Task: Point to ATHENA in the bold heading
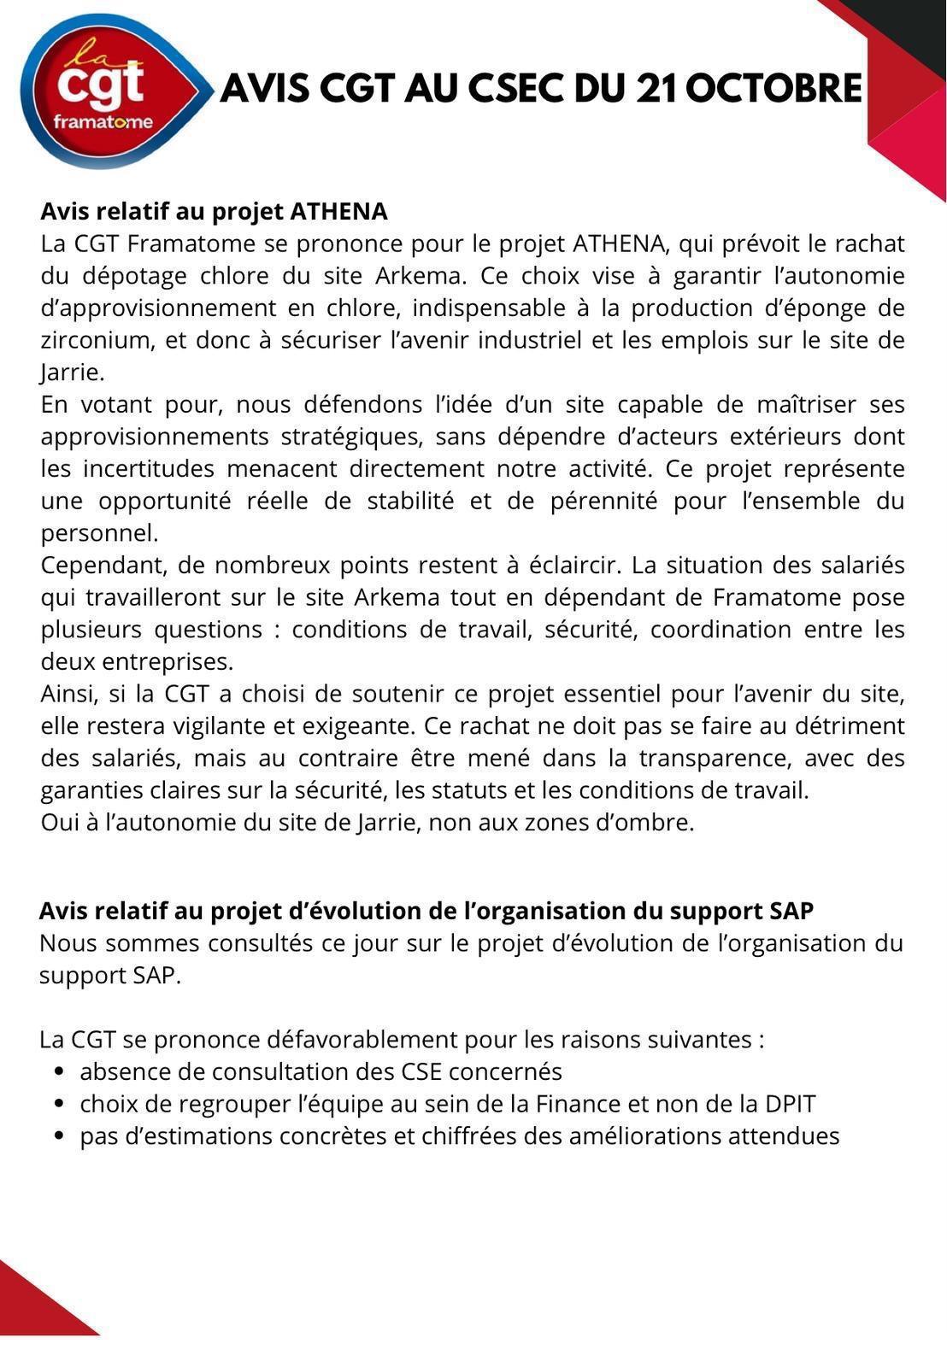[x=339, y=211]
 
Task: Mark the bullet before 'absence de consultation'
[x=59, y=1072]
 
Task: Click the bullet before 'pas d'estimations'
[x=59, y=1136]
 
